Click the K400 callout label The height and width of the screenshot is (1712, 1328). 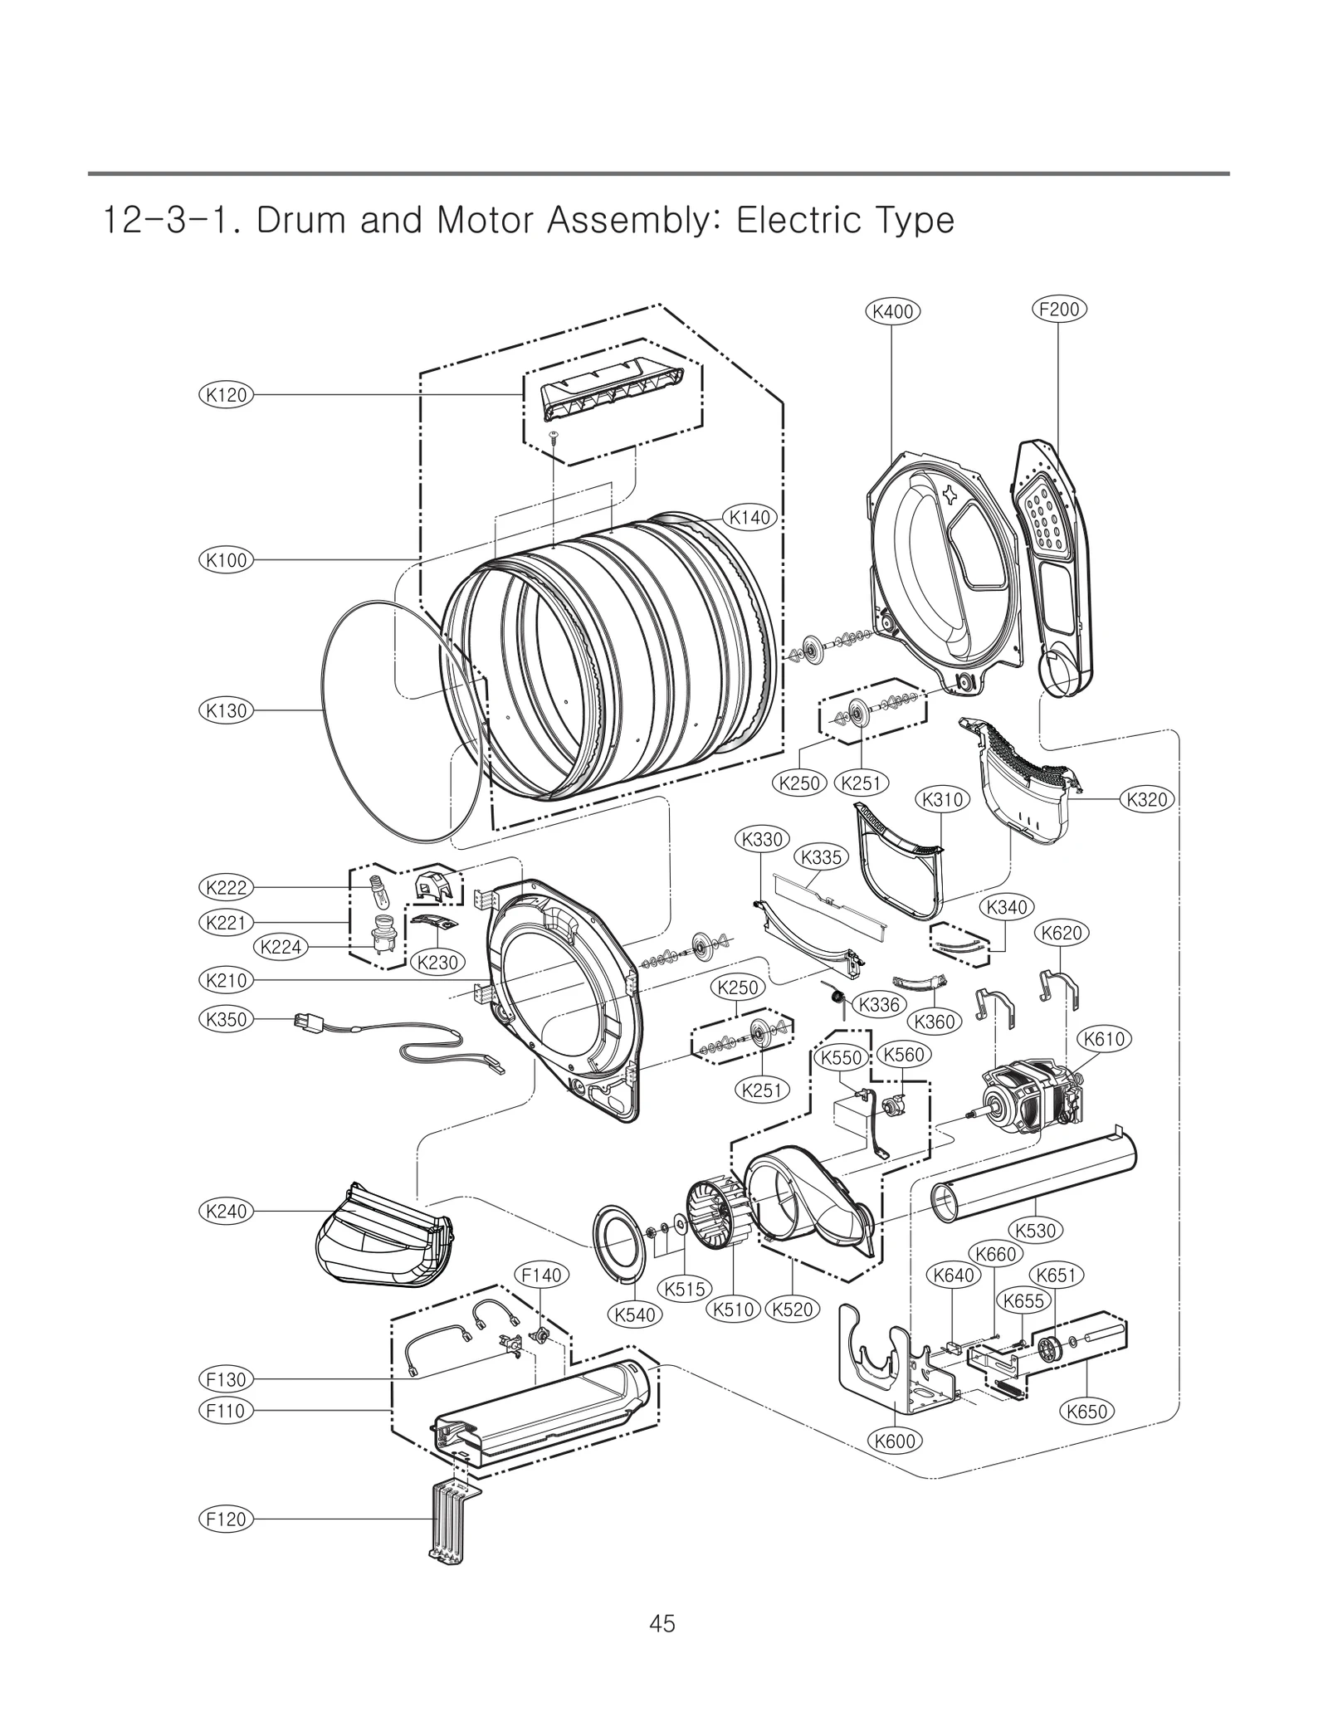[892, 311]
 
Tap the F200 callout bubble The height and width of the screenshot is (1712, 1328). [1059, 310]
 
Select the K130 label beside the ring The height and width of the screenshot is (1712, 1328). [227, 710]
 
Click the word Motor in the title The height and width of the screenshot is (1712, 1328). [491, 221]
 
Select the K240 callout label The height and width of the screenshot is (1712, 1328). [227, 1211]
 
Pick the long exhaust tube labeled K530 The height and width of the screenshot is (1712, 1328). [1033, 1179]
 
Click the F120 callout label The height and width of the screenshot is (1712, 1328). [226, 1519]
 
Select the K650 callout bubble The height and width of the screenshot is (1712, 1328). [1087, 1411]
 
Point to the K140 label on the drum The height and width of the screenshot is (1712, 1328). [749, 518]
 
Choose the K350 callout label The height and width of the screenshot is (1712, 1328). [226, 1019]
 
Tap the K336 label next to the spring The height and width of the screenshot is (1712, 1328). [879, 1004]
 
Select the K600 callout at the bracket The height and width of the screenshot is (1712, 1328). [896, 1441]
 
